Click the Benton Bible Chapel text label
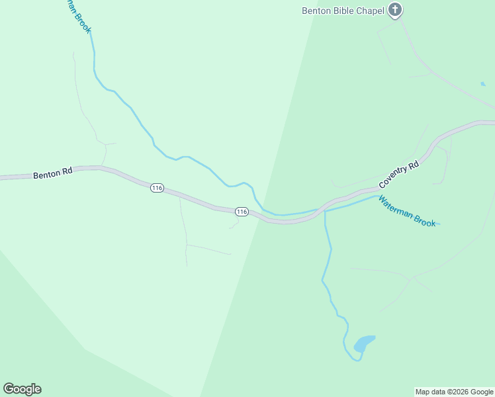343,11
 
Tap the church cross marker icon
395,9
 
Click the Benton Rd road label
52,173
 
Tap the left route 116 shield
157,188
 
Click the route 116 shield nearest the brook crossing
242,212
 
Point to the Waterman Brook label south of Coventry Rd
407,212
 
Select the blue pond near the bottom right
363,343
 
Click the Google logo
22,389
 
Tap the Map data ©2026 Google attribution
454,392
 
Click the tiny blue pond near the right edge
483,84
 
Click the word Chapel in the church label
371,11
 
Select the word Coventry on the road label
393,179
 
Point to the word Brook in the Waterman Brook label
426,220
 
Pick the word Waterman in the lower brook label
396,206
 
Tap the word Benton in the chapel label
316,11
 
